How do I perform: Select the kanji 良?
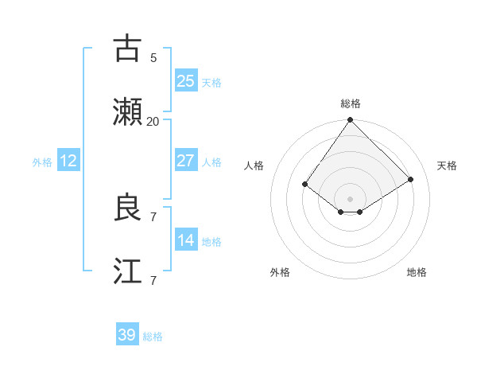tap(127, 208)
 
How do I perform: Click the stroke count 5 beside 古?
tap(153, 57)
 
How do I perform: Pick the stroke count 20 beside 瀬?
tap(153, 122)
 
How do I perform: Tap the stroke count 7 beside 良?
tap(153, 216)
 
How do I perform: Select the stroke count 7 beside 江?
tap(153, 281)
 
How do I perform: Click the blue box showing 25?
tap(186, 81)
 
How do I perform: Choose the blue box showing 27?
tap(186, 161)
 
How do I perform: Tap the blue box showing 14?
tap(186, 240)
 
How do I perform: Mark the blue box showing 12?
tap(68, 161)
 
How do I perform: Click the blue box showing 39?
tap(127, 335)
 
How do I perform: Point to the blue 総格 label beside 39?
tap(153, 337)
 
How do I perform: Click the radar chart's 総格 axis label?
tap(351, 103)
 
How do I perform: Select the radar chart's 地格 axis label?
tap(417, 272)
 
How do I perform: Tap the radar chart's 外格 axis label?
tap(280, 272)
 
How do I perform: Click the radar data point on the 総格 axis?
tap(351, 120)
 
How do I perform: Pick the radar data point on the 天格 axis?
tap(411, 179)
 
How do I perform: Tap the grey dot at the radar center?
tap(351, 198)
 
